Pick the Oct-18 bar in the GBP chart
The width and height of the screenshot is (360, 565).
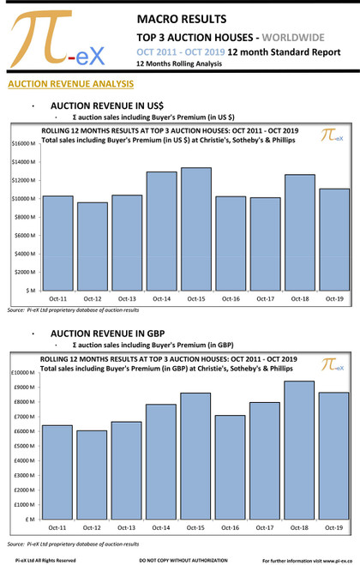(299, 450)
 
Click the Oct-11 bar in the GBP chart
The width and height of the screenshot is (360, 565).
(58, 472)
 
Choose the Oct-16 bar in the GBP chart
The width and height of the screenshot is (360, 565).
(230, 467)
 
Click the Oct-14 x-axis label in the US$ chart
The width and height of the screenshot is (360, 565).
(162, 298)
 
